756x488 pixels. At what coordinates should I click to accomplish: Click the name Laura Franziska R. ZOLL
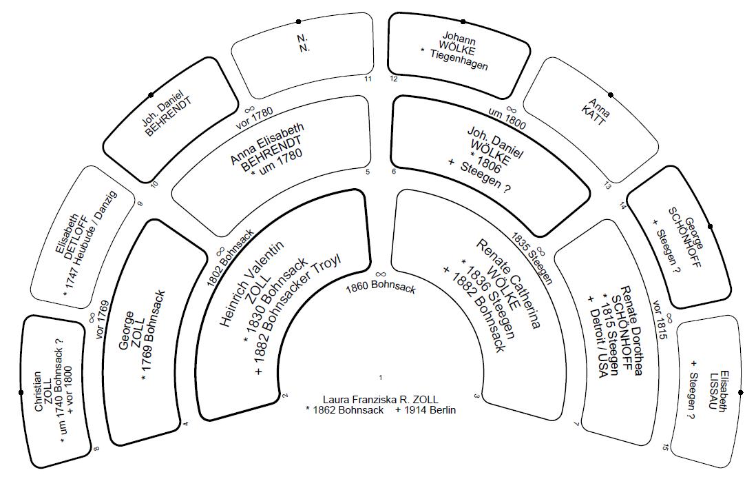[380, 399]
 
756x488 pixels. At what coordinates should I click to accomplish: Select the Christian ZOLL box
[55, 393]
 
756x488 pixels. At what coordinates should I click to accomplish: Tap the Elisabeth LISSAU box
[709, 393]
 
